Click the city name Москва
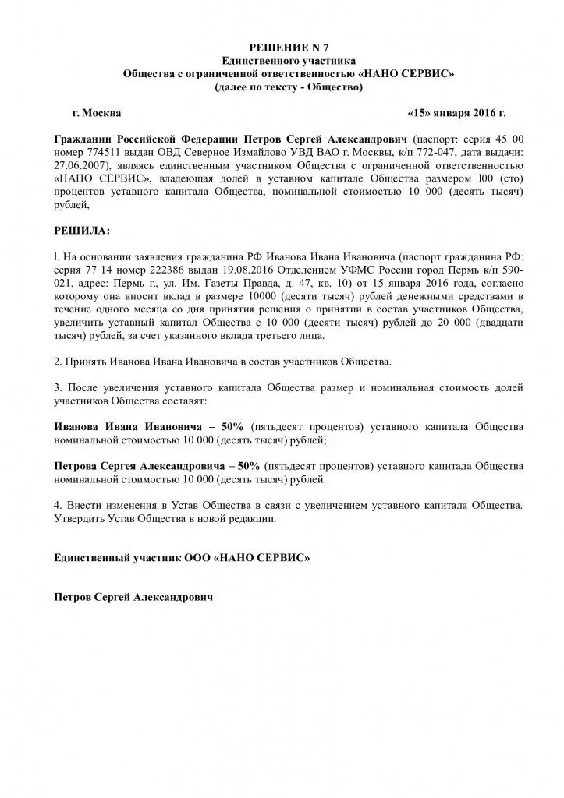[101, 112]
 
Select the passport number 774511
[102, 150]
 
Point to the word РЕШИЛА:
[82, 231]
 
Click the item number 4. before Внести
[58, 505]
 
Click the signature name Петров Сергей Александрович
[133, 598]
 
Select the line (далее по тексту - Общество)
[289, 87]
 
